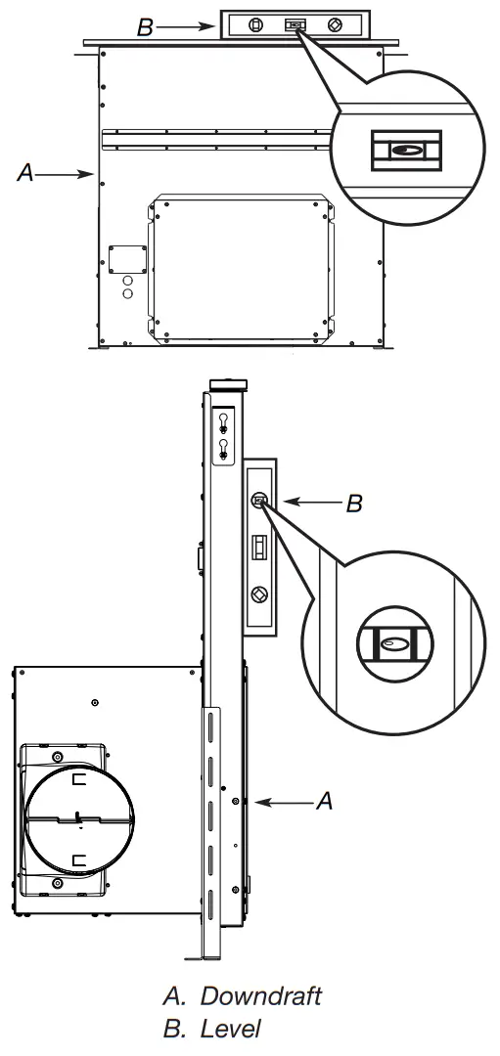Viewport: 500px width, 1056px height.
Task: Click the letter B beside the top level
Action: click(145, 28)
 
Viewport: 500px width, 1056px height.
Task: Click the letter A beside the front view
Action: click(26, 174)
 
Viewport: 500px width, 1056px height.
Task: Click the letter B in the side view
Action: click(354, 505)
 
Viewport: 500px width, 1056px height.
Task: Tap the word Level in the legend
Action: click(231, 1029)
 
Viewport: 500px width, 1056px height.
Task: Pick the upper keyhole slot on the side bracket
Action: click(224, 422)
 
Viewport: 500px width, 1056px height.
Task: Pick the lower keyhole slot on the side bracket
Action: click(224, 449)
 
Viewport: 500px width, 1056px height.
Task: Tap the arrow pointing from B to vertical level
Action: click(309, 505)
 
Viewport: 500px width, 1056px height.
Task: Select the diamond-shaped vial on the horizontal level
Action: click(335, 26)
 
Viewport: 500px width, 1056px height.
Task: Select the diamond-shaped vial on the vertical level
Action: click(259, 593)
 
